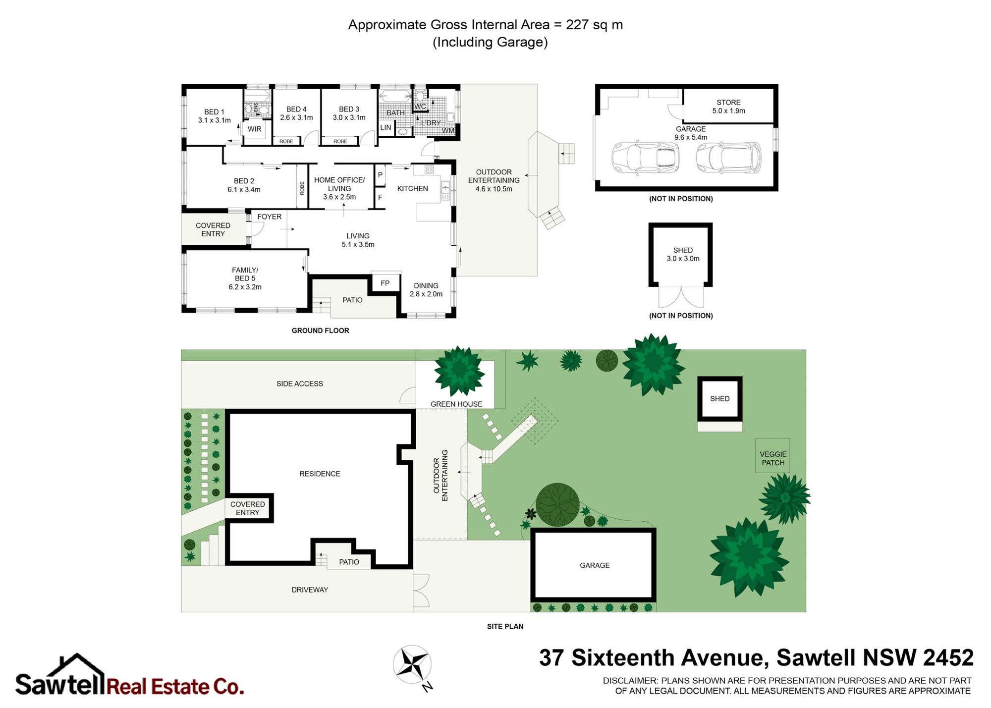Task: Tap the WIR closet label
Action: click(254, 129)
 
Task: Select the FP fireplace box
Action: click(385, 282)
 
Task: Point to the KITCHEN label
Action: click(412, 188)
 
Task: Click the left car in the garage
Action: click(646, 158)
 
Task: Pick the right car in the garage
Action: click(728, 158)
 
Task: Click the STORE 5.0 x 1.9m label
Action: click(728, 107)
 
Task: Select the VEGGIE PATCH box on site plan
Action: click(772, 455)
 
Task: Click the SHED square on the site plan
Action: click(720, 398)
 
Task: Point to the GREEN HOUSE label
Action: click(456, 404)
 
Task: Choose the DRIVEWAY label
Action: click(310, 590)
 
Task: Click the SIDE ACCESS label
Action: click(300, 383)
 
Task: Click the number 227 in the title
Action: click(577, 25)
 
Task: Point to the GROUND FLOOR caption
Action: click(320, 330)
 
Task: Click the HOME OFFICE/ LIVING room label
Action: click(339, 188)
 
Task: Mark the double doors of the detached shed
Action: click(681, 297)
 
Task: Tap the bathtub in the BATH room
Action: click(395, 96)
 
